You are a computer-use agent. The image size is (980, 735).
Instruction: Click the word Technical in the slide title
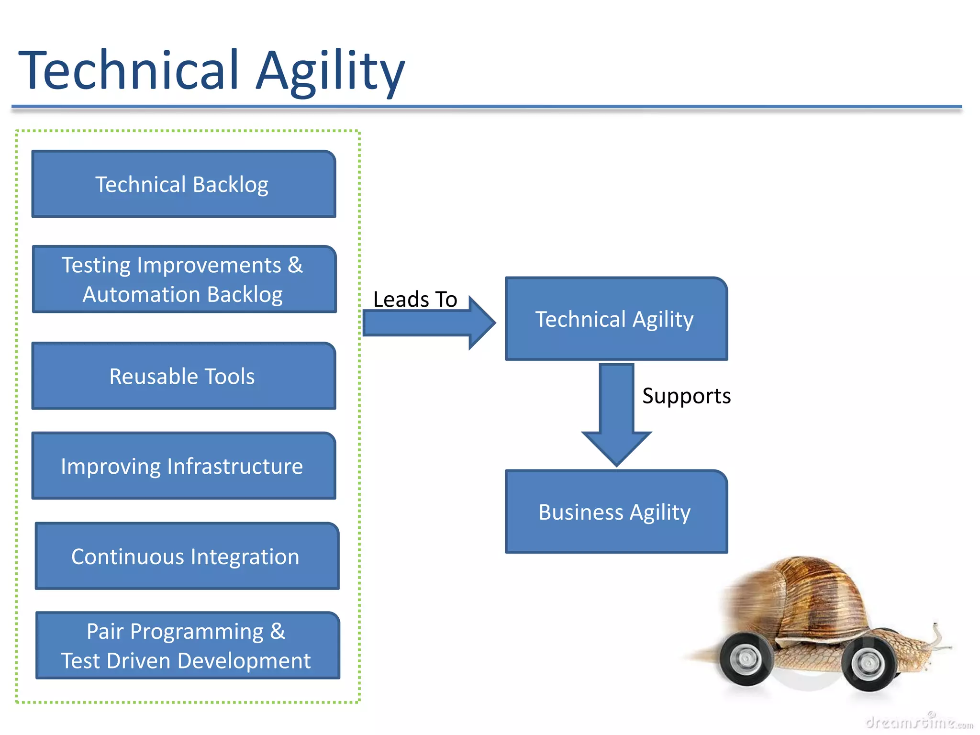(x=128, y=71)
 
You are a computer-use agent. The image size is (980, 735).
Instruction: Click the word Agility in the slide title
(x=330, y=72)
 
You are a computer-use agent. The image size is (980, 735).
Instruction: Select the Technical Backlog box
(x=183, y=184)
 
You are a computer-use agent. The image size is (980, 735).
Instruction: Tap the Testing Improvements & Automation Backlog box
(x=183, y=279)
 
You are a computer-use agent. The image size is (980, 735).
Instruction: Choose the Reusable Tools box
(x=183, y=376)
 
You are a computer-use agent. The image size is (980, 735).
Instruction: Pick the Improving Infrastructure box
(x=183, y=466)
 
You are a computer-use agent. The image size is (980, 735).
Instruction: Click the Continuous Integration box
(x=187, y=557)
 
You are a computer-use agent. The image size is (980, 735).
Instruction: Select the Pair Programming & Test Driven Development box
(x=188, y=646)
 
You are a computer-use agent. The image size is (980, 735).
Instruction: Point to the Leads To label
(x=415, y=300)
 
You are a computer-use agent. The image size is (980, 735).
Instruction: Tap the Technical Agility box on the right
(x=616, y=319)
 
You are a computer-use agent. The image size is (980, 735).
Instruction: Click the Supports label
(x=686, y=396)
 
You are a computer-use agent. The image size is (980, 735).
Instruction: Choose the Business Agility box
(x=616, y=512)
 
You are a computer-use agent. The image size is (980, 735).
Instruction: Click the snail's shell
(x=809, y=598)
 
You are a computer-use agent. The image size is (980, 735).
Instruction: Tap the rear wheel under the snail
(x=746, y=660)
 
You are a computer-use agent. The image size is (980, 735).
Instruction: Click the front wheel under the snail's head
(x=869, y=664)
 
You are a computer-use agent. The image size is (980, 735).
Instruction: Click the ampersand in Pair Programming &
(x=278, y=632)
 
